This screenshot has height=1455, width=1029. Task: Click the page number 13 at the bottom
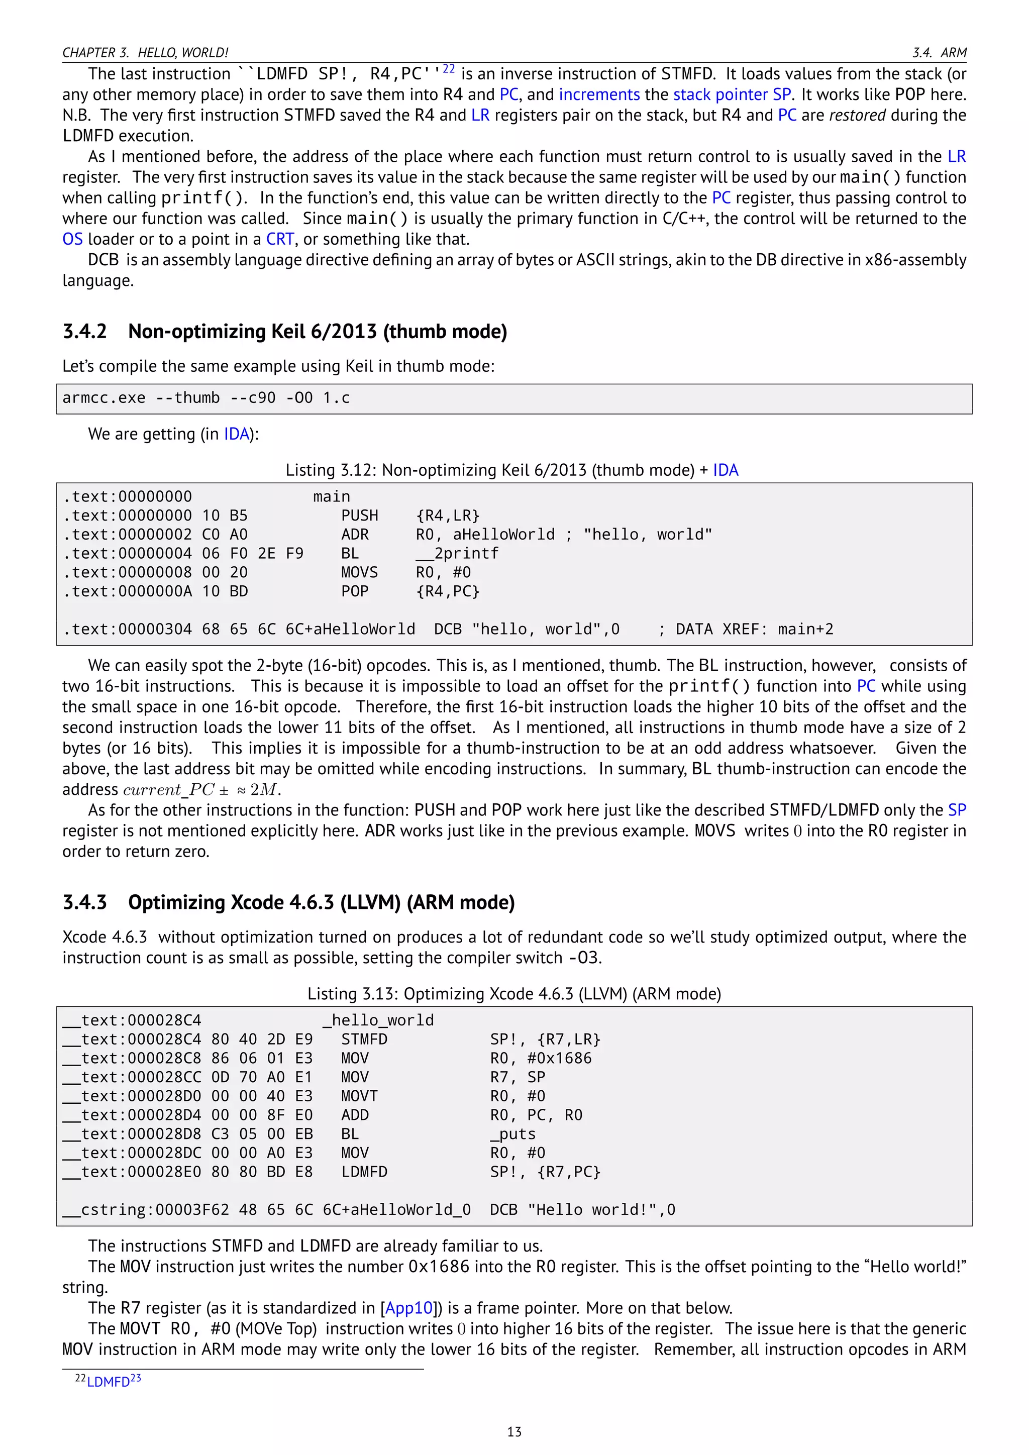pyautogui.click(x=514, y=1431)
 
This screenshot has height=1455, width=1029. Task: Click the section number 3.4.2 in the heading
pyautogui.click(x=84, y=332)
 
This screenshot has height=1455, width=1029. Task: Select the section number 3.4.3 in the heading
pyautogui.click(x=84, y=902)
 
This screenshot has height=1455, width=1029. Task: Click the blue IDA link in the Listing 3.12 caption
pyautogui.click(x=726, y=470)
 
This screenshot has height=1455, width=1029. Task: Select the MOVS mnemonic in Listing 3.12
pyautogui.click(x=359, y=573)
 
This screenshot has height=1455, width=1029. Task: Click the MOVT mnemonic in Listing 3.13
pyautogui.click(x=359, y=1096)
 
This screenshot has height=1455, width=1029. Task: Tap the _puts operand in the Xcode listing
pyautogui.click(x=512, y=1134)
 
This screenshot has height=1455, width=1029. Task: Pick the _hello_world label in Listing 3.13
pyautogui.click(x=378, y=1020)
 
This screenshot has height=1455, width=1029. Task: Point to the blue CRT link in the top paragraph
pyautogui.click(x=279, y=240)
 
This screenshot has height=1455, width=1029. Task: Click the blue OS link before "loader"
pyautogui.click(x=72, y=240)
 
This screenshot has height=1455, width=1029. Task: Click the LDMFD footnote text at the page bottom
pyautogui.click(x=109, y=1382)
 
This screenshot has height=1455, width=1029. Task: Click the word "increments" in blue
pyautogui.click(x=599, y=95)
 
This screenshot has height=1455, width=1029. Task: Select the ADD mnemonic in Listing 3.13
pyautogui.click(x=355, y=1115)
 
